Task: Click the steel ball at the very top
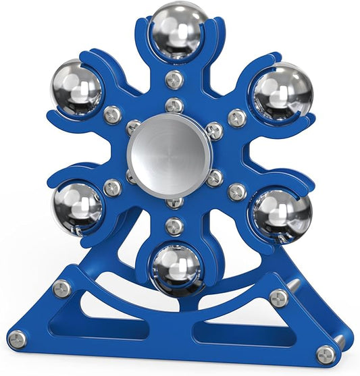click(x=179, y=31)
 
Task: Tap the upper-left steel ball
click(x=76, y=88)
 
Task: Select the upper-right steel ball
click(x=283, y=92)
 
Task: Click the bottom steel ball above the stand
click(x=176, y=268)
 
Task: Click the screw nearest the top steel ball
click(x=174, y=79)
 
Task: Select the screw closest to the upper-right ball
click(x=236, y=118)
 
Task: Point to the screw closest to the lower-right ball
click(x=236, y=192)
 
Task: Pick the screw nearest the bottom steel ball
click(x=174, y=225)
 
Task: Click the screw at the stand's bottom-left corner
click(x=18, y=339)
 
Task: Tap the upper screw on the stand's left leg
click(x=62, y=289)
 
